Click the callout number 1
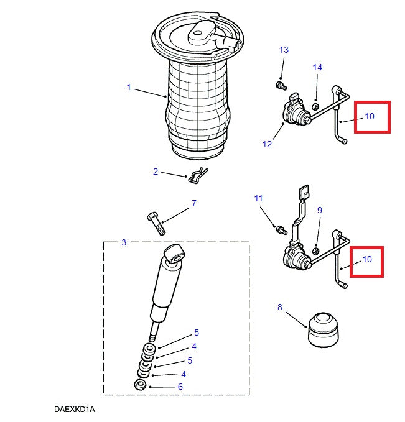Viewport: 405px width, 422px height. coord(129,88)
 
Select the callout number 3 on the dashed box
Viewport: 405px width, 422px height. coord(123,242)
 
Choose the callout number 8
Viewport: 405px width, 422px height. coord(279,306)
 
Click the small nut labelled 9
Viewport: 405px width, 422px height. coord(315,251)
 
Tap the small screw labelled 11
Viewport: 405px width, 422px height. coord(280,230)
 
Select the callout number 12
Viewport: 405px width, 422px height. coord(267,144)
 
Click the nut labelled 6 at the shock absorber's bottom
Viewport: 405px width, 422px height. coord(141,385)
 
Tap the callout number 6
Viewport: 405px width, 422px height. coord(180,387)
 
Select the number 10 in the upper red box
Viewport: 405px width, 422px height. coord(370,116)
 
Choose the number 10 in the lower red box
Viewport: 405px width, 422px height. coord(367,259)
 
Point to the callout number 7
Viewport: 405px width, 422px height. coord(193,203)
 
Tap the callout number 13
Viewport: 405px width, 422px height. coord(284,50)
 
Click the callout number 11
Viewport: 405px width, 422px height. coord(259,198)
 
